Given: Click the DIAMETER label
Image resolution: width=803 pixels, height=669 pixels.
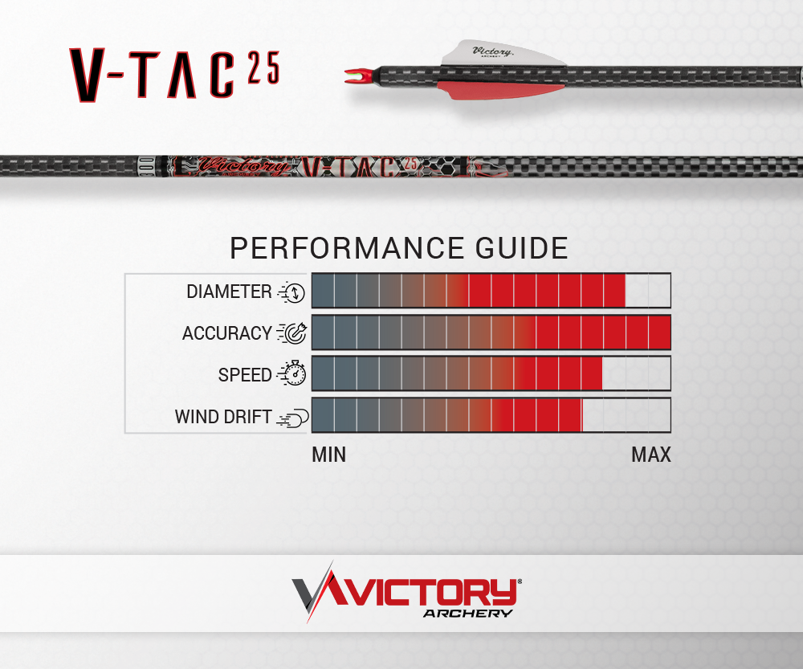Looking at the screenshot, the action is (x=229, y=292).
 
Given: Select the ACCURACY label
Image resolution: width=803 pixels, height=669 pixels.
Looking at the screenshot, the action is (x=227, y=333).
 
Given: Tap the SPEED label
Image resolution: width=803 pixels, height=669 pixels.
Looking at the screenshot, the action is (x=245, y=375).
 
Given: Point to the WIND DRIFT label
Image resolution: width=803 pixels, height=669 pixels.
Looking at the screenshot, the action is (x=222, y=417).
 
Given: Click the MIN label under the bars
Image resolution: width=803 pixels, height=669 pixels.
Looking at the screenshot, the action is (x=328, y=455).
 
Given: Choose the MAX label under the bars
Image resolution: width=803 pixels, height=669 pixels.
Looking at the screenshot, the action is (x=651, y=455).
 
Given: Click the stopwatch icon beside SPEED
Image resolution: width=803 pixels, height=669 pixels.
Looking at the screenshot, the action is (x=292, y=373).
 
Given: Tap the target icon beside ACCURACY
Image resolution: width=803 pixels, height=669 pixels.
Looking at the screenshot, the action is (x=292, y=333).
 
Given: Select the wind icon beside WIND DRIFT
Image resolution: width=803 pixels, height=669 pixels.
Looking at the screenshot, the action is (x=293, y=418).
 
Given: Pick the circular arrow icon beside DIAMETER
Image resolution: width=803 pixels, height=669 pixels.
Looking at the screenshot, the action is (x=291, y=292).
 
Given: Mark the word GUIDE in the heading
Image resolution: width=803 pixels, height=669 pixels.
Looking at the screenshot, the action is (x=522, y=248).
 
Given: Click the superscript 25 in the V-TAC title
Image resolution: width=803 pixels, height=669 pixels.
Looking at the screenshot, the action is (x=264, y=67).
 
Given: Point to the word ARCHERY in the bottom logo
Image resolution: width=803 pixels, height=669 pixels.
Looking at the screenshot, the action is (x=468, y=613).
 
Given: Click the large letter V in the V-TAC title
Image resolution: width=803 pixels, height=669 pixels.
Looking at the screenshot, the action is (x=87, y=75).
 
